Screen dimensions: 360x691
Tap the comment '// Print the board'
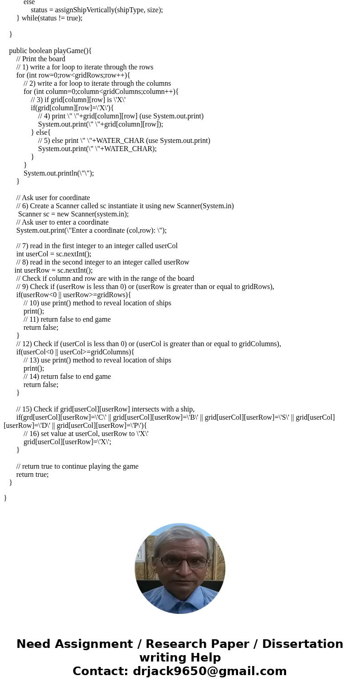coord(41,59)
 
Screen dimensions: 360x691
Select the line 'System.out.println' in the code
coord(58,173)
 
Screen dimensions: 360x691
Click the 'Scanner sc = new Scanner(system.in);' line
coord(73,214)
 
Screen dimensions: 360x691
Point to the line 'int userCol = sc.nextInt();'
coord(54,254)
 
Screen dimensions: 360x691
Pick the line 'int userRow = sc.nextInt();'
coord(54,270)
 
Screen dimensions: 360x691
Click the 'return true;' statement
coord(32,475)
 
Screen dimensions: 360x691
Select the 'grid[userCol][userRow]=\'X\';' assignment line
coord(67,442)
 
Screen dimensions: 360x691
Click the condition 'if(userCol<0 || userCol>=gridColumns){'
coord(75,352)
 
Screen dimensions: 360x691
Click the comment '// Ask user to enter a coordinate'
coord(62,222)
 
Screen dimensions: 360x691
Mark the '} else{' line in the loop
coord(41,132)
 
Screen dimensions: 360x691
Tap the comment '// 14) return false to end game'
coord(67,377)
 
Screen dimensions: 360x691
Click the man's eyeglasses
coord(180,562)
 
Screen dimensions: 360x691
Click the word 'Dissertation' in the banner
coord(302,644)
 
